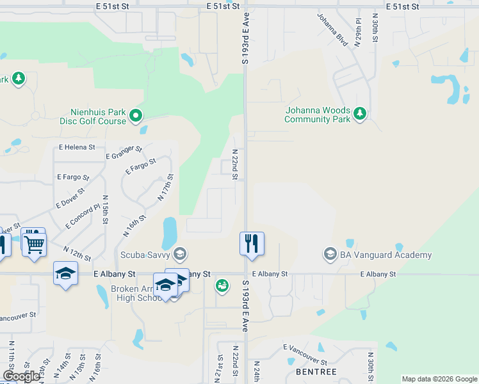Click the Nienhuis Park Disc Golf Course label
tap(93, 115)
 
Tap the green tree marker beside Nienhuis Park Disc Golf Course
tap(136, 116)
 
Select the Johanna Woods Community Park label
tap(318, 115)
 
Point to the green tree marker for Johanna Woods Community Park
tap(361, 114)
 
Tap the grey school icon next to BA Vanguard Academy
tap(330, 255)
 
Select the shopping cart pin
tap(34, 243)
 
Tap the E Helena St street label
tap(77, 147)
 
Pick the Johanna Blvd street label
tap(332, 30)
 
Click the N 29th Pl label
tap(359, 31)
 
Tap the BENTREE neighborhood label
tap(316, 372)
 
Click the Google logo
tap(21, 376)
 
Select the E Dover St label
tap(70, 196)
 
